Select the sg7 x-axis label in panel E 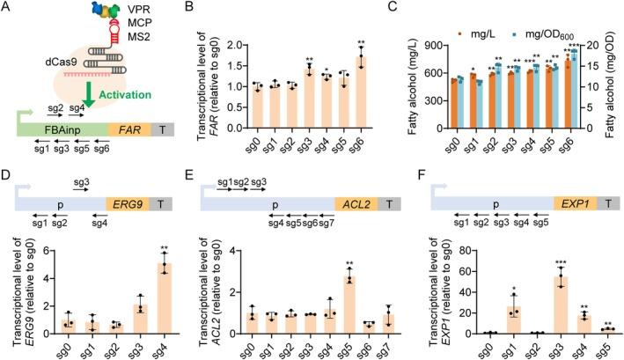[388, 349]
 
